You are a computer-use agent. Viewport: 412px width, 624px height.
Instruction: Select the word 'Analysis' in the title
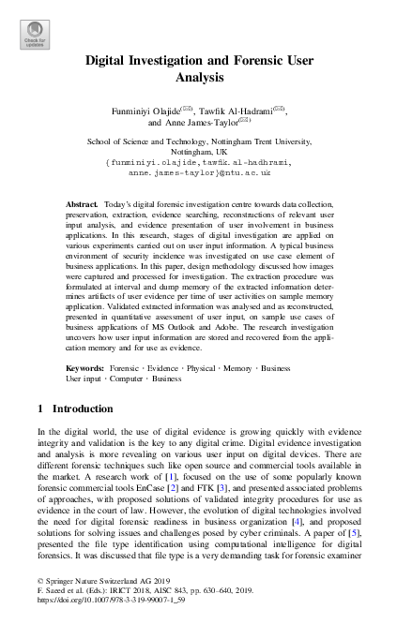(206, 80)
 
